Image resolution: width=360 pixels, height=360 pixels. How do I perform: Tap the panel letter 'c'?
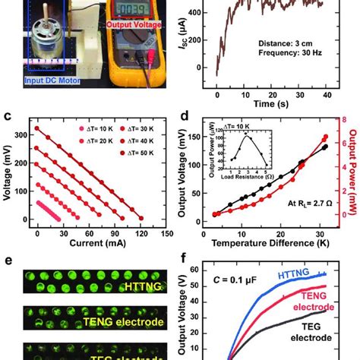pyautogui.click(x=7, y=117)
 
